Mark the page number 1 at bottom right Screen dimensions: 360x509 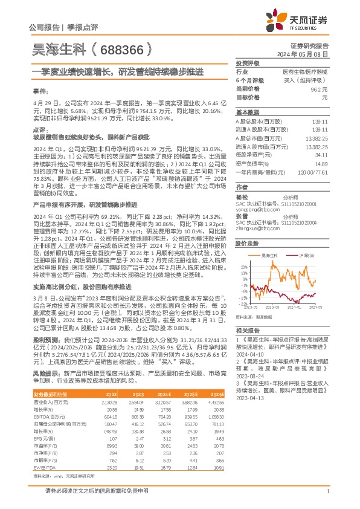point(327,497)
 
